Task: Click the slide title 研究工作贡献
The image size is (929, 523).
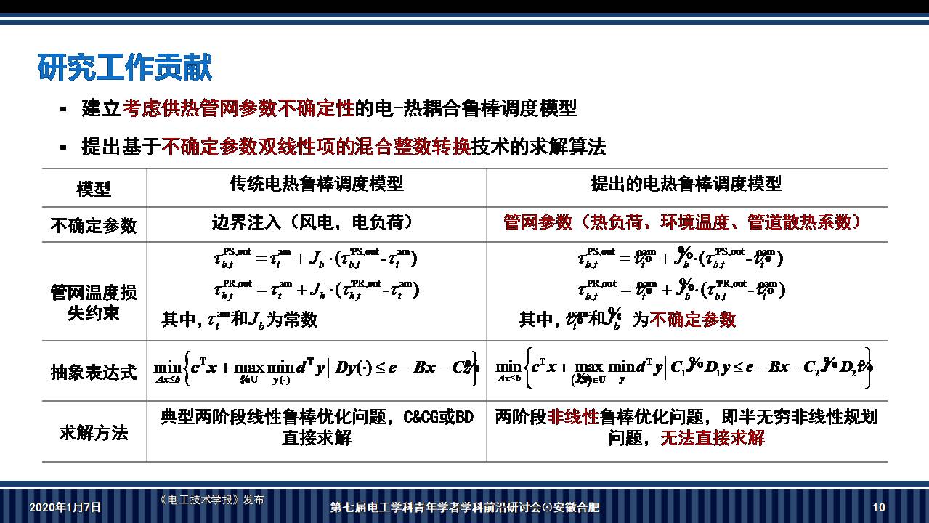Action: pyautogui.click(x=124, y=68)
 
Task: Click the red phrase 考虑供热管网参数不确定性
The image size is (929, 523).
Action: pyautogui.click(x=238, y=109)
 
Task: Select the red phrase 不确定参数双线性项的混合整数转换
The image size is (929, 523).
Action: pyautogui.click(x=315, y=147)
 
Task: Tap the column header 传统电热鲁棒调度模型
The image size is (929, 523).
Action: pyautogui.click(x=317, y=184)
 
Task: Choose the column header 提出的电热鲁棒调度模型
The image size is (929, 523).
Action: pyautogui.click(x=686, y=184)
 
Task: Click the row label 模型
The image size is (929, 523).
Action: pyautogui.click(x=94, y=189)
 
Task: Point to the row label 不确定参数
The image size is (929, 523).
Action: pyautogui.click(x=94, y=225)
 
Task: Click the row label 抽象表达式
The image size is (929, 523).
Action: pyautogui.click(x=94, y=372)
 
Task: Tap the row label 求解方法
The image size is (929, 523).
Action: pyautogui.click(x=94, y=433)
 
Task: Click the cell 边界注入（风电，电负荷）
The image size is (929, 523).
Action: pyautogui.click(x=312, y=222)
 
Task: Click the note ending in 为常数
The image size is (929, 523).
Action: pyautogui.click(x=240, y=320)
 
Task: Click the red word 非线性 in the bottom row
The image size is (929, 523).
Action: pyautogui.click(x=573, y=417)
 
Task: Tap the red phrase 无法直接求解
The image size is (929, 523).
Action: pyautogui.click(x=712, y=438)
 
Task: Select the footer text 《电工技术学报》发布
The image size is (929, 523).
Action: pyautogui.click(x=211, y=500)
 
